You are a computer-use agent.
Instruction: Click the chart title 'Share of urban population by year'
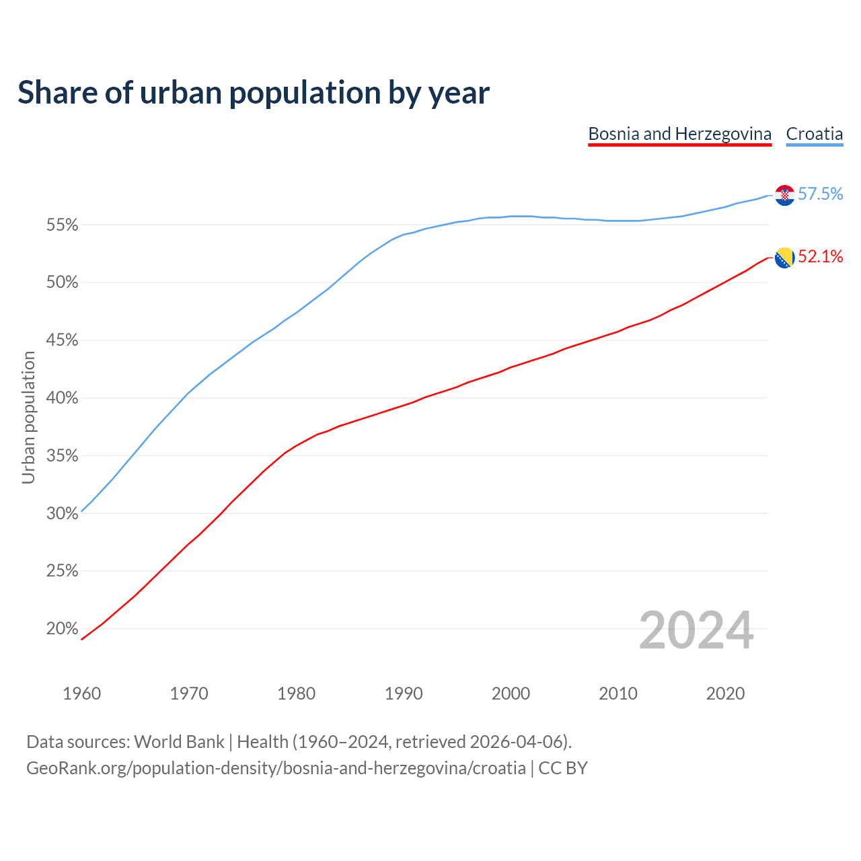253,93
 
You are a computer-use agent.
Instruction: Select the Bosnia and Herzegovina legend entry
679,134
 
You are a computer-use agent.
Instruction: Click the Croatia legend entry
814,134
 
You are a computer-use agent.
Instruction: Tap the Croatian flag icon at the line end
784,195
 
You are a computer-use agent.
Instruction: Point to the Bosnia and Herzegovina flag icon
784,258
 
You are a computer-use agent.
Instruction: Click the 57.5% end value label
820,194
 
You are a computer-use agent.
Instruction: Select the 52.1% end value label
820,256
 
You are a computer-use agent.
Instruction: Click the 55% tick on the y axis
62,225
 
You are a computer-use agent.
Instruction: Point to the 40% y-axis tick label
62,398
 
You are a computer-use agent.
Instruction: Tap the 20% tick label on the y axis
62,629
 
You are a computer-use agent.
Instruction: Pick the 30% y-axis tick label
62,514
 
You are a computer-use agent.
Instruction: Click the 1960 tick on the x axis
81,694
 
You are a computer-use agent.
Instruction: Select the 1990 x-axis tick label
404,694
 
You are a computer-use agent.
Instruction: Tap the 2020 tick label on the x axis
725,694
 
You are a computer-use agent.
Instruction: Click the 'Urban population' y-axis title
28,417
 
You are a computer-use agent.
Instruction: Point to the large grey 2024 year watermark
696,631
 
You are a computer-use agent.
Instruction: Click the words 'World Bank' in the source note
179,742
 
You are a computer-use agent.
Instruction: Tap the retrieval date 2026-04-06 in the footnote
516,742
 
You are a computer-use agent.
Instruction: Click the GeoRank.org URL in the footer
276,768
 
